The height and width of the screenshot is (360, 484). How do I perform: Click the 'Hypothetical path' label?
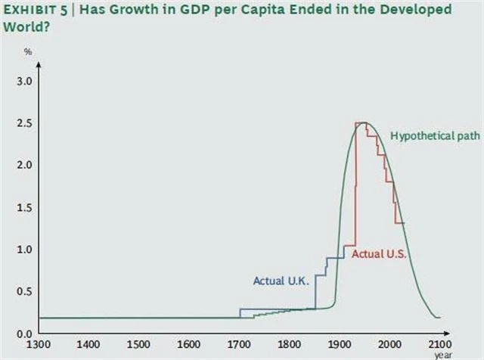[424, 136]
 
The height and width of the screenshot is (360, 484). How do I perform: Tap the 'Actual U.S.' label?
[380, 254]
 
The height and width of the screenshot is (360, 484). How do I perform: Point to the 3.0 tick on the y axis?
[23, 81]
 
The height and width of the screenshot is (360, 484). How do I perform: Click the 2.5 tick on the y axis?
[23, 123]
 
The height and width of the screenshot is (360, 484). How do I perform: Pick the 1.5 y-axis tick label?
[23, 207]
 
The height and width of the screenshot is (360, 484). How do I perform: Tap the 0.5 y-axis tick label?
[23, 291]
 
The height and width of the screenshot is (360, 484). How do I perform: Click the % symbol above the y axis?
[28, 52]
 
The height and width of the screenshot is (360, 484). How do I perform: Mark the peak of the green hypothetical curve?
[365, 123]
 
